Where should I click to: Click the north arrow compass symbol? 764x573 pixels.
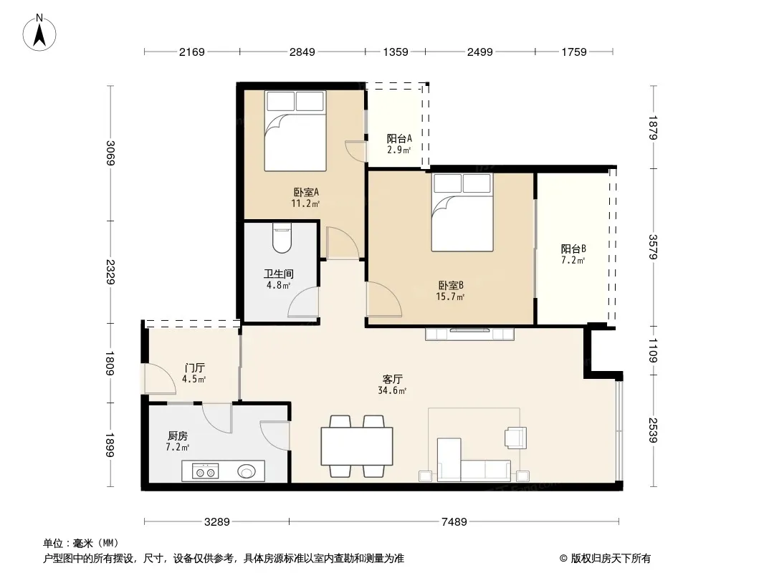pos(39,33)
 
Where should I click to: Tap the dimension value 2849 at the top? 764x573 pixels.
pos(302,52)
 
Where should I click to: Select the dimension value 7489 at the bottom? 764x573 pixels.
pos(454,522)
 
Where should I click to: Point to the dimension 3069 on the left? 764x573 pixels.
pos(111,153)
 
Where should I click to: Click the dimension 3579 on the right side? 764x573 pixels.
pos(653,247)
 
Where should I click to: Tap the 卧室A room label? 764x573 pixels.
pos(305,192)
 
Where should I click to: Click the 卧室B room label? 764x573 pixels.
pos(451,286)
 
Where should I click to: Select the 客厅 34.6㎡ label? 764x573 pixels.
pos(392,385)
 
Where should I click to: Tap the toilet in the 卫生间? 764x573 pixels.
pos(282,238)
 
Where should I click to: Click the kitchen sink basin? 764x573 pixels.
pos(247,471)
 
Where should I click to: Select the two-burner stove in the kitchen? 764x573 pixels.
pos(205,471)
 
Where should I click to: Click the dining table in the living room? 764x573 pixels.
pos(357,446)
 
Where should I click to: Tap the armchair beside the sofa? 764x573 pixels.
pos(516,437)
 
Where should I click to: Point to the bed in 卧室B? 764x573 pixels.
pos(462,212)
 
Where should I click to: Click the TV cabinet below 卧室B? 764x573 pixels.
pos(469,334)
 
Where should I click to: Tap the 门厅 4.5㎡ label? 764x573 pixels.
pos(194,373)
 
